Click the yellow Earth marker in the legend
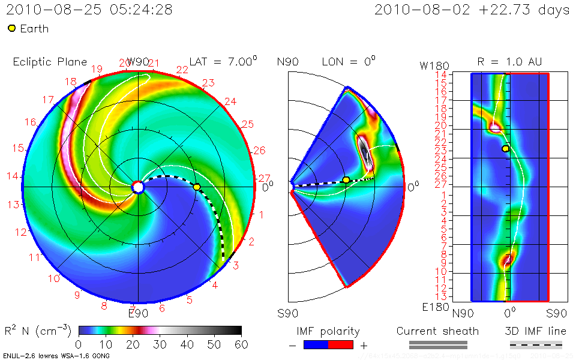coord(11,28)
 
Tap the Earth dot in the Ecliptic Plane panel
coord(197,187)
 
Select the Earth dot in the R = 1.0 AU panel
coord(506,148)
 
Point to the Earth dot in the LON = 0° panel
coord(346,179)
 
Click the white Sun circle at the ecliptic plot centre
coord(138,188)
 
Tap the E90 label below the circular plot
coord(138,313)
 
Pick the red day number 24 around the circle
coord(230,101)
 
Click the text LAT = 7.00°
coord(223,62)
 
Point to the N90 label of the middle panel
coord(288,62)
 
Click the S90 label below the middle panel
coord(288,313)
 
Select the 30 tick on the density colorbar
coord(160,344)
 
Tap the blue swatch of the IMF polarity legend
coord(316,344)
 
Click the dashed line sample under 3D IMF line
coord(536,344)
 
